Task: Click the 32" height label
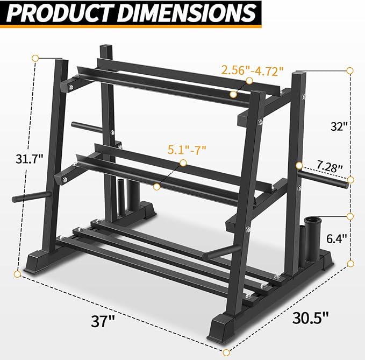339,127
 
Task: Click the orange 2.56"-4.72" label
252,70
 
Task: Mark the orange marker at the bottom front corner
226,352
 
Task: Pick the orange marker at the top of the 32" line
350,70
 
